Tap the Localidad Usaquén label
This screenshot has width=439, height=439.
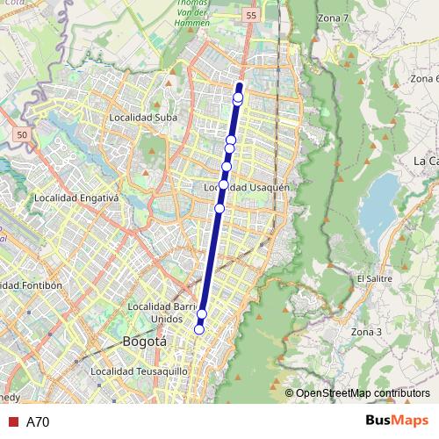(x=247, y=187)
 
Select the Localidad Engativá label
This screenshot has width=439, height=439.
(x=76, y=198)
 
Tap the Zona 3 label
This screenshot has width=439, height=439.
(x=366, y=332)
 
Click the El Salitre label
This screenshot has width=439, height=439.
(x=373, y=278)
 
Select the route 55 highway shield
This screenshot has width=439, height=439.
(x=251, y=17)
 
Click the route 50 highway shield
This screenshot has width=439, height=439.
(x=22, y=135)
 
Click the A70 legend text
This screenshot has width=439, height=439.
(x=38, y=421)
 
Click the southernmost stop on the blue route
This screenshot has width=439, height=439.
(x=199, y=329)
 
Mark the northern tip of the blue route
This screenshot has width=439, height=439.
(x=240, y=85)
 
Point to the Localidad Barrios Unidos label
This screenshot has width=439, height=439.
(x=162, y=313)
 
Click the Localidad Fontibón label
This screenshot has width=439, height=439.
(x=30, y=285)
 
